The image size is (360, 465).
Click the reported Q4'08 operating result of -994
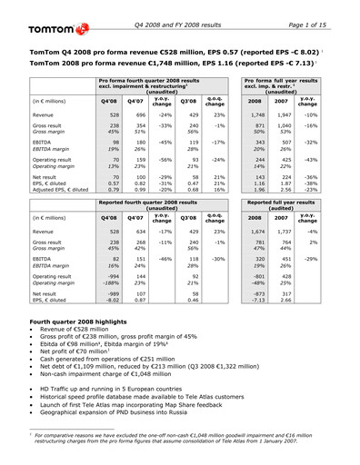point(107,272)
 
